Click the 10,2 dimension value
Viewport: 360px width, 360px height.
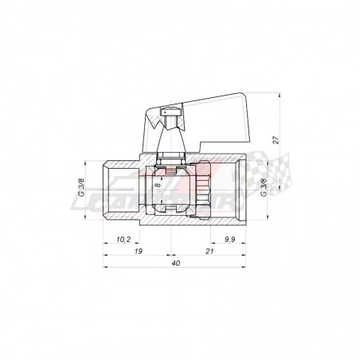click(x=123, y=238)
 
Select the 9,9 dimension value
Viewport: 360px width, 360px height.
click(x=229, y=238)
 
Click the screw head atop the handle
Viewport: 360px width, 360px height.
click(x=165, y=114)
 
